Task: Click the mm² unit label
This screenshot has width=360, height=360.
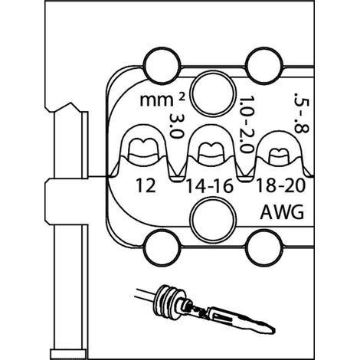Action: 162,100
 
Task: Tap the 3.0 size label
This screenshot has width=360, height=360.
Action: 176,126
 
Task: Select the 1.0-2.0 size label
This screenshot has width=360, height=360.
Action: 247,124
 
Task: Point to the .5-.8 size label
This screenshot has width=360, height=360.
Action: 302,113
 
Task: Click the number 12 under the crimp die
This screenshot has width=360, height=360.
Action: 146,185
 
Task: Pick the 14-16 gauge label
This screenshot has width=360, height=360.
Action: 210,186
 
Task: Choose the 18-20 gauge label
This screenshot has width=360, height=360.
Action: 280,185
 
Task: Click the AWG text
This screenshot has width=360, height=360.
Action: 282,212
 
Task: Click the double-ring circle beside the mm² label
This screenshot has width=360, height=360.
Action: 213,93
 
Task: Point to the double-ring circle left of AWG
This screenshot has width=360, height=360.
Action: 213,219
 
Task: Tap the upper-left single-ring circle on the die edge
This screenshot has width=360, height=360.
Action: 162,66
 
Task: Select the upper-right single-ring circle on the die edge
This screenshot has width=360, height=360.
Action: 264,66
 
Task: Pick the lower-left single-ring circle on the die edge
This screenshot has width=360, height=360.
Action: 162,247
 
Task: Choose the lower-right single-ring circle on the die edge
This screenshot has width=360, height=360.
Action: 264,247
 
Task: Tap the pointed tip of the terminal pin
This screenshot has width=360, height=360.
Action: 275,330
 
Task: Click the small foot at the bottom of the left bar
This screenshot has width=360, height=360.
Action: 68,354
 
